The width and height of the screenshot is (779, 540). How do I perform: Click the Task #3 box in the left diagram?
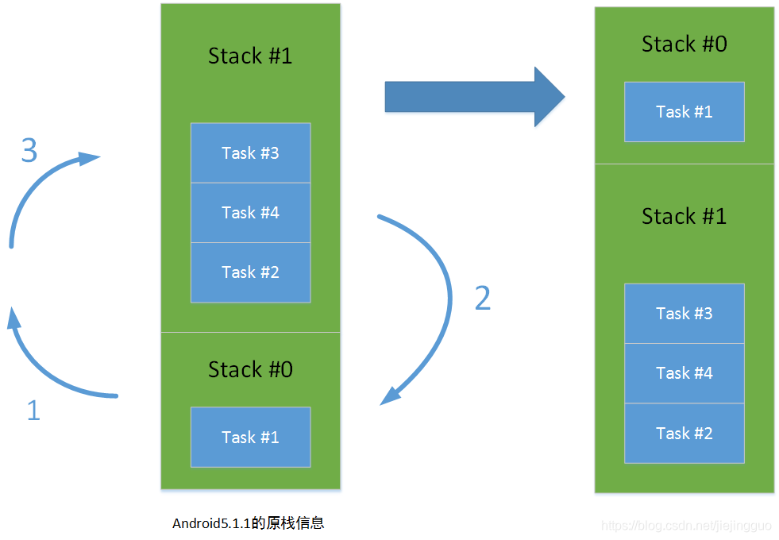[250, 153]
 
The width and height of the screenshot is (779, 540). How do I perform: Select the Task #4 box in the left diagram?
[250, 213]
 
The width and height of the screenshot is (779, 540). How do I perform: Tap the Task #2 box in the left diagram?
[250, 272]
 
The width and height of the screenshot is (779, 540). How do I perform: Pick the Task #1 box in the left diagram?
[250, 438]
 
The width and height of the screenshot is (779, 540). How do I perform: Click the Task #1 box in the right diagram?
[684, 112]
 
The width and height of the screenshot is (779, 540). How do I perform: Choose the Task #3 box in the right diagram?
[684, 314]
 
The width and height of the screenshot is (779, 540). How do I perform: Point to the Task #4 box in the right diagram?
[684, 373]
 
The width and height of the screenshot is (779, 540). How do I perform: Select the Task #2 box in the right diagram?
[684, 434]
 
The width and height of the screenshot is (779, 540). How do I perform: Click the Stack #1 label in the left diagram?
[250, 56]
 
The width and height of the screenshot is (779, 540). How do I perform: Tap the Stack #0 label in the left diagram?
[250, 369]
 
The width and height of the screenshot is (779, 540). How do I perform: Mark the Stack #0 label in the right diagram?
[684, 44]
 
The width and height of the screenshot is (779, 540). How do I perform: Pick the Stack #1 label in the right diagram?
[684, 216]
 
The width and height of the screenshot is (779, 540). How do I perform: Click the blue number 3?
[29, 150]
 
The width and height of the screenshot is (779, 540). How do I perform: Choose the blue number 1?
[33, 411]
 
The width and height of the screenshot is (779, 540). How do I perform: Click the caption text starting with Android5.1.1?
[248, 523]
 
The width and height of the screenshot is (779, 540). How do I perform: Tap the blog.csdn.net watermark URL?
[686, 526]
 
